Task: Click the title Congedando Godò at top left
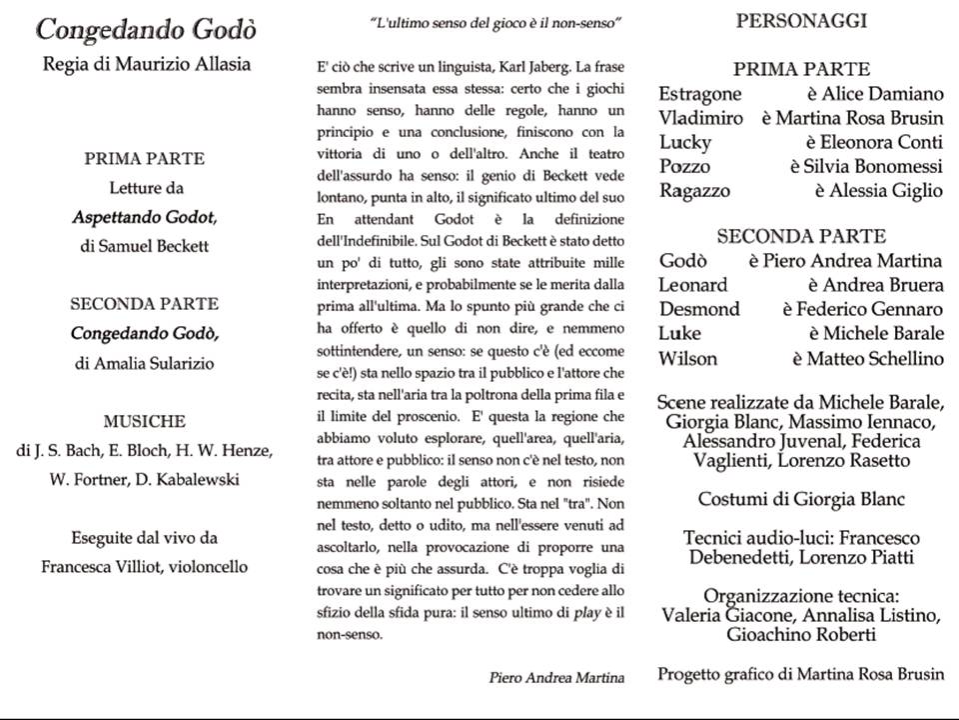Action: coord(146,29)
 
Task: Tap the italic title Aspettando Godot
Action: coord(145,216)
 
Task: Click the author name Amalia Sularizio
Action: coord(156,363)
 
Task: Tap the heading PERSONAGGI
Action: coord(801,20)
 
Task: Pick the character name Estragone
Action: coord(699,94)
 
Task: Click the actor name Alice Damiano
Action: coord(882,94)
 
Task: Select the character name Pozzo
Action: coord(684,166)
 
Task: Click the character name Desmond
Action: coord(699,309)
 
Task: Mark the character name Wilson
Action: coord(686,358)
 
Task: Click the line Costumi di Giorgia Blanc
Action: coord(800,499)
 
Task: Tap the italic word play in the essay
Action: coord(583,611)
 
